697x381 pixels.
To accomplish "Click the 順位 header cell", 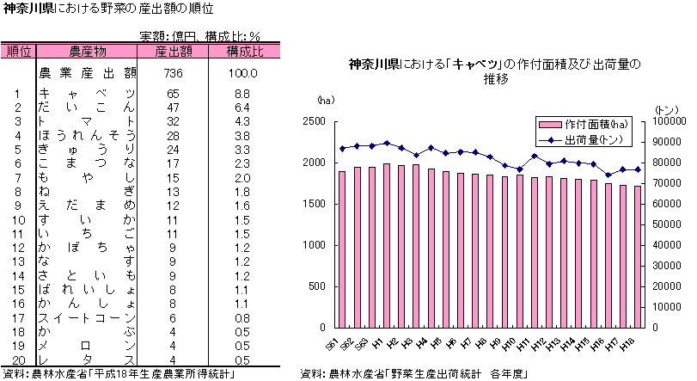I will [18, 51].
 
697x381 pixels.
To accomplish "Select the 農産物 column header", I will [87, 51].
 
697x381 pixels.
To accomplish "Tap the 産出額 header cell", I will [173, 51].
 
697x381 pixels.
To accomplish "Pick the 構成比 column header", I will [244, 51].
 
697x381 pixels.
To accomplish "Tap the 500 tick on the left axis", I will [315, 286].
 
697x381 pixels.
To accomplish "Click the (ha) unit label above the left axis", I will [325, 101].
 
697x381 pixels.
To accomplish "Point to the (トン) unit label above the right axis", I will [665, 110].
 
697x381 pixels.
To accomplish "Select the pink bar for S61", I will [341, 249].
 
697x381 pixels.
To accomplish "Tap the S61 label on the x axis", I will [332, 344].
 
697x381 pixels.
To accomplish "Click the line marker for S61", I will [341, 148].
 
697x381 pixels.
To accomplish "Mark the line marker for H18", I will [638, 169].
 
